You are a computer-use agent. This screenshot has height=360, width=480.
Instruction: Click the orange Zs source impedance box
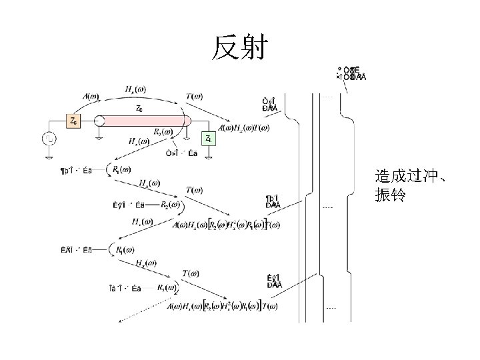(x=73, y=121)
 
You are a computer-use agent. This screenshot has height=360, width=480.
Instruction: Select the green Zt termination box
(x=209, y=139)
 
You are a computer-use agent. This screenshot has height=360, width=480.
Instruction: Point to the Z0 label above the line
(x=139, y=108)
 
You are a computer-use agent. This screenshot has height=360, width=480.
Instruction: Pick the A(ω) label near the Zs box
(x=93, y=96)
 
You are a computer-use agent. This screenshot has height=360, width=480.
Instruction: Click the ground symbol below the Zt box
(x=209, y=157)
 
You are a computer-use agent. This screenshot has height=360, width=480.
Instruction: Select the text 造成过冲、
(x=410, y=177)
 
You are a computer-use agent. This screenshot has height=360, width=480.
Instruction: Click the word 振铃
(x=388, y=197)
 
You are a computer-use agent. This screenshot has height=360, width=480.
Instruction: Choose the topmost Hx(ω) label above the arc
(x=136, y=89)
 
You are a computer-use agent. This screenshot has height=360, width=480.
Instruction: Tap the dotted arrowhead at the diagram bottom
(x=121, y=322)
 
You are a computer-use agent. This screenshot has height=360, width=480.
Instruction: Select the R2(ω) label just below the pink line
(x=164, y=132)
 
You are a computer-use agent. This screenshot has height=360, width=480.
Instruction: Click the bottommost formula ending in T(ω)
(x=223, y=307)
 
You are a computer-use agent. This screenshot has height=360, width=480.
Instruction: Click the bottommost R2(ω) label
(x=167, y=289)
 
